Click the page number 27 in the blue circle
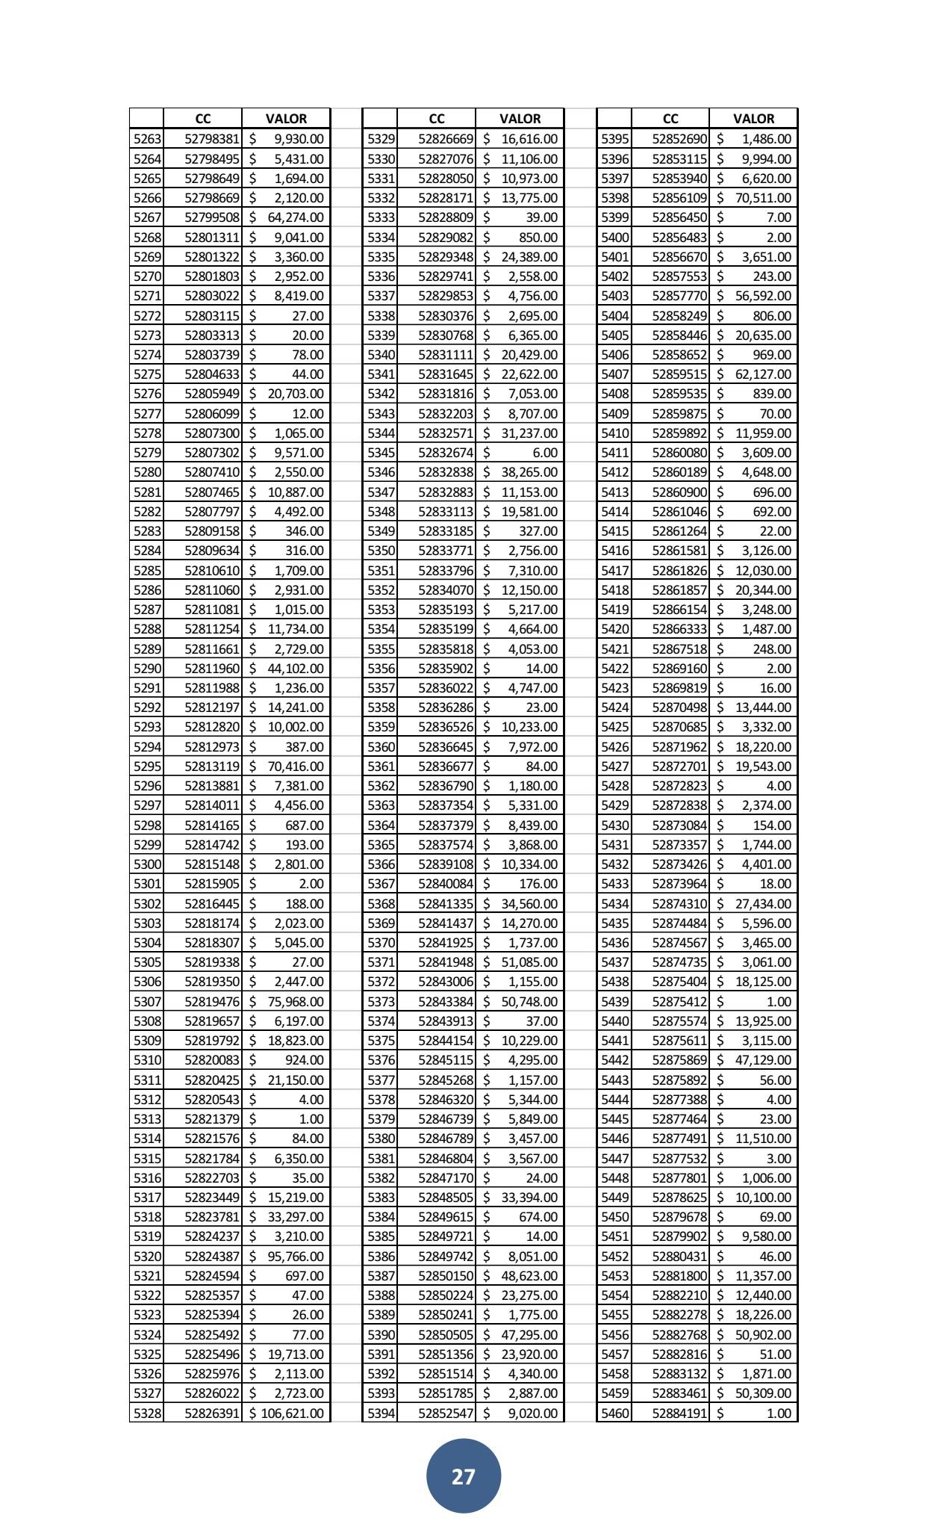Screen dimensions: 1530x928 point(463,1475)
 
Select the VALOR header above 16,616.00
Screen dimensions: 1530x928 point(520,118)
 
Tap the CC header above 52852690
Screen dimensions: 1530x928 point(670,118)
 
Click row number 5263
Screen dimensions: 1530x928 point(146,139)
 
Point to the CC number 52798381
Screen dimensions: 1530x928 point(212,139)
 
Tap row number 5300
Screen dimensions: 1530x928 point(146,864)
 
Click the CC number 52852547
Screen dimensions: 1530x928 point(446,1413)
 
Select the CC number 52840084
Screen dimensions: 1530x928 point(446,884)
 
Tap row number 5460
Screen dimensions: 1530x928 point(614,1413)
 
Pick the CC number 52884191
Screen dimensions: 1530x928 point(679,1413)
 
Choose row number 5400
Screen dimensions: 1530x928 point(614,238)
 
